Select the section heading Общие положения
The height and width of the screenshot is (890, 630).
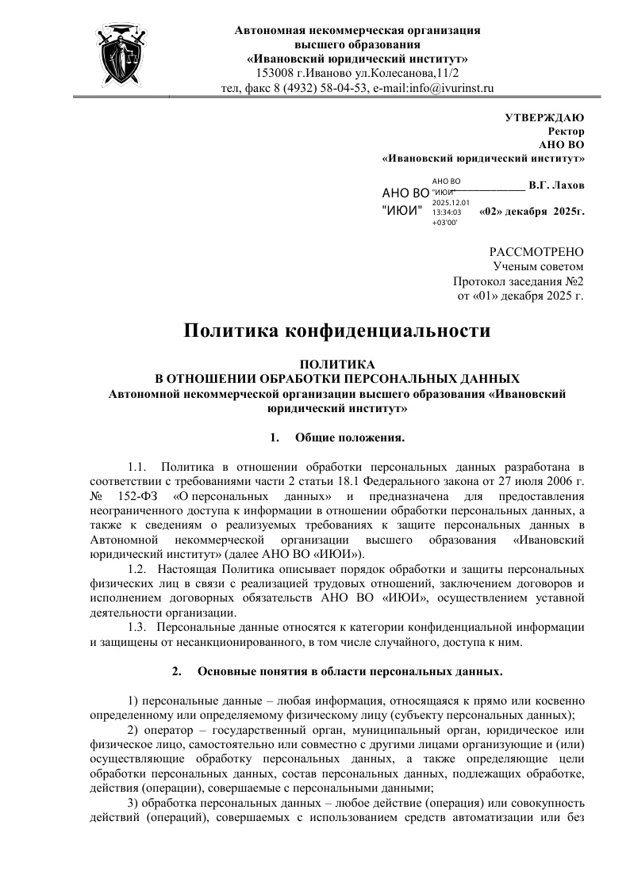(x=350, y=437)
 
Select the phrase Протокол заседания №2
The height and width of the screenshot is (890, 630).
(x=518, y=281)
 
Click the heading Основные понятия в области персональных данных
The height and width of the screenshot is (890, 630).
(x=349, y=672)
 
